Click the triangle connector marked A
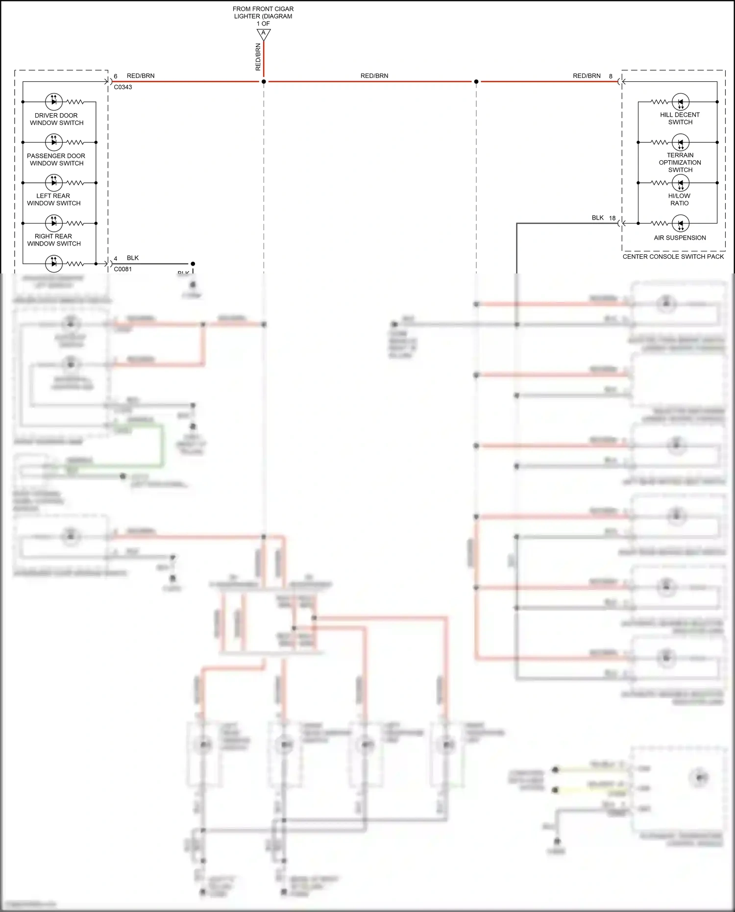point(264,34)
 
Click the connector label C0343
point(123,87)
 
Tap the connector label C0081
point(123,269)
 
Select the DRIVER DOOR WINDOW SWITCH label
point(56,119)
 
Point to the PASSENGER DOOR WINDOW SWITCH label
point(56,159)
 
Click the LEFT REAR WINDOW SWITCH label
point(53,199)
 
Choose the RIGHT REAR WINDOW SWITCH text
point(53,240)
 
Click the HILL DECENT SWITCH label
point(680,118)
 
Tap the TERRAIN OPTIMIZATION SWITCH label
point(680,162)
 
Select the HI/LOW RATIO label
point(679,199)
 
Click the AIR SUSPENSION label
point(680,238)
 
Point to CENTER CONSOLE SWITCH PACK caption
point(673,256)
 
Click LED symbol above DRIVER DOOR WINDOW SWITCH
point(54,101)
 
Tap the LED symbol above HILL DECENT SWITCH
point(680,102)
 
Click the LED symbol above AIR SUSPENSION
point(680,223)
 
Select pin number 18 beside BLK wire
point(612,218)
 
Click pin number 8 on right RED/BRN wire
point(611,76)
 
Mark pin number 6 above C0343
point(116,76)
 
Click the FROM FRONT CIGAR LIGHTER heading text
point(263,13)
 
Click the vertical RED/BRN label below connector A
point(258,57)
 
